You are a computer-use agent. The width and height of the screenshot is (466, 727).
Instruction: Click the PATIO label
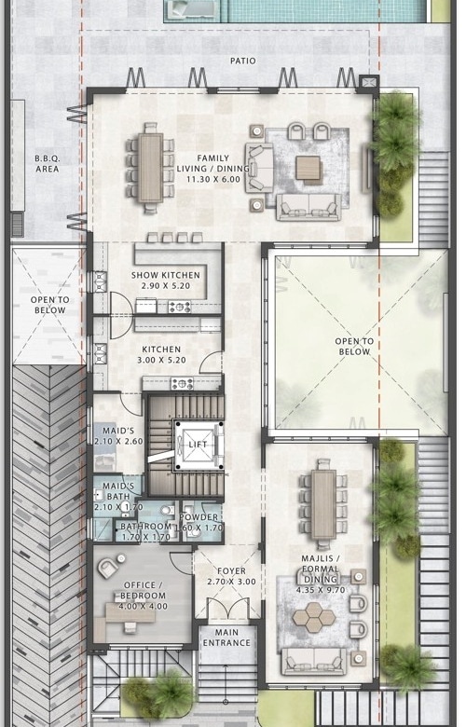click(x=242, y=61)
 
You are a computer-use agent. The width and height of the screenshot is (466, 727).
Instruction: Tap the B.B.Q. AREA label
click(x=48, y=164)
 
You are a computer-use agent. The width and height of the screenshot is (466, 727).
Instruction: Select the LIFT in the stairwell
click(x=198, y=445)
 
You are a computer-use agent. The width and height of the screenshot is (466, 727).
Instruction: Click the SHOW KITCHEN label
click(x=166, y=275)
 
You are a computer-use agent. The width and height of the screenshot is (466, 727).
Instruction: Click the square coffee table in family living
click(x=308, y=168)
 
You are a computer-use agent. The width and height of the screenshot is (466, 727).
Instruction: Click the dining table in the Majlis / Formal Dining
click(x=323, y=503)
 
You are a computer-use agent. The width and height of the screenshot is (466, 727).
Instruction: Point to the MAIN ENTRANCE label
click(x=226, y=638)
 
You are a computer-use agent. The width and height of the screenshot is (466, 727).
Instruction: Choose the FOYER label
click(x=232, y=571)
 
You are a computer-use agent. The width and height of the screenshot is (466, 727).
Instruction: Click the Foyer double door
click(x=227, y=609)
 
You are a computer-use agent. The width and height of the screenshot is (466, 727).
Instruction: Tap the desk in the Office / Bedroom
click(x=125, y=613)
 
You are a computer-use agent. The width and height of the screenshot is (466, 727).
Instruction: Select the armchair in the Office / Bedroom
click(x=107, y=568)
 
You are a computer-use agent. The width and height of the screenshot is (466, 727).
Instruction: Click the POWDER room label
click(x=199, y=517)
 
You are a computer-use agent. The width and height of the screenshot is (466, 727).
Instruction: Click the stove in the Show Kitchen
click(x=180, y=307)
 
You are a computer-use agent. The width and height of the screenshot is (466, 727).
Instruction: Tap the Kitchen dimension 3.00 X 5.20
click(x=161, y=360)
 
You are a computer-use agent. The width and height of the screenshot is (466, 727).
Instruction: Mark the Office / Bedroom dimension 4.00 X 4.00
click(x=144, y=606)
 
